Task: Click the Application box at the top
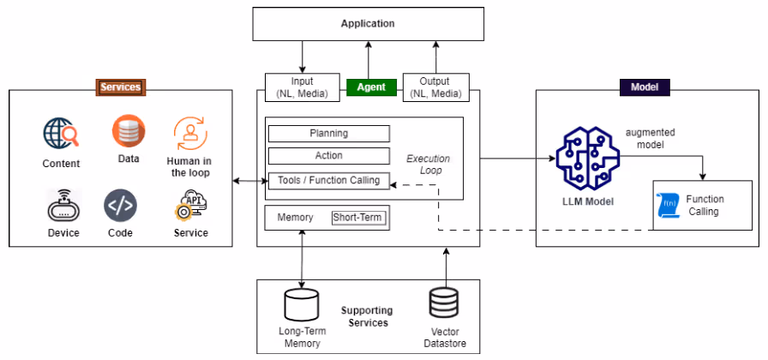pyautogui.click(x=368, y=23)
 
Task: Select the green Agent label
pyautogui.click(x=371, y=87)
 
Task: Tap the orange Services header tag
pyautogui.click(x=121, y=87)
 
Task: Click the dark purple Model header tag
pyautogui.click(x=644, y=87)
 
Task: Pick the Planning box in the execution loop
pyautogui.click(x=329, y=133)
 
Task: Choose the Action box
pyautogui.click(x=329, y=156)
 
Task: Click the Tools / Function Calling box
pyautogui.click(x=329, y=181)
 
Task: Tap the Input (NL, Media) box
pyautogui.click(x=303, y=87)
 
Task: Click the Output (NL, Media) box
pyautogui.click(x=436, y=87)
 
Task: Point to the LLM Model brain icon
pyautogui.click(x=588, y=159)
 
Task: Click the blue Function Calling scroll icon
pyautogui.click(x=668, y=206)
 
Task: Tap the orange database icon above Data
pyautogui.click(x=129, y=131)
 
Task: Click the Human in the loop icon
pyautogui.click(x=190, y=133)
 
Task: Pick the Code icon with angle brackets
pyautogui.click(x=121, y=206)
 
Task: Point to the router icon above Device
pyautogui.click(x=63, y=207)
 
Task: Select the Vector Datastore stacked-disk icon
pyautogui.click(x=444, y=303)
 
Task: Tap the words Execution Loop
pyautogui.click(x=428, y=165)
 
